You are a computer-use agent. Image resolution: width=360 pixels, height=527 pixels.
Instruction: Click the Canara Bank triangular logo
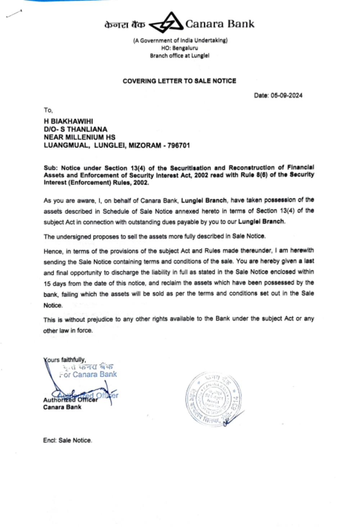pos(166,23)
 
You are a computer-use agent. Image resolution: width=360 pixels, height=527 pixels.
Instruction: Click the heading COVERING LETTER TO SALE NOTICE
pos(179,81)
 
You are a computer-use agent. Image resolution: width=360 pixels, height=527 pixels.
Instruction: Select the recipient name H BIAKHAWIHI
pos(68,121)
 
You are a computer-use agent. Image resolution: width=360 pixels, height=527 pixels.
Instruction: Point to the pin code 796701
pos(179,145)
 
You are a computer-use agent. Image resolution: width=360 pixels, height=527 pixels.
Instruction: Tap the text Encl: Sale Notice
pos(67,440)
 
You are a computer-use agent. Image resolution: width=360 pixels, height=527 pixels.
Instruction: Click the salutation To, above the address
pos(48,110)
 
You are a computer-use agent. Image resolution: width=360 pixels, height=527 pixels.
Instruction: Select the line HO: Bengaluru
pos(180,48)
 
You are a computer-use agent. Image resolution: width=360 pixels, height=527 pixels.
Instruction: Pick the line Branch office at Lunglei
pos(180,56)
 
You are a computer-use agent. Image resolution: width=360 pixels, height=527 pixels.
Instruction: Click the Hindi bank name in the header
pos(125,25)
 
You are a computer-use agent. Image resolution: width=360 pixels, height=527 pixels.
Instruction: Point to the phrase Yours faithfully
pos(65,360)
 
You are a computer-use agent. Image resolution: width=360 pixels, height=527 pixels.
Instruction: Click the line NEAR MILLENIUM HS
pos(80,137)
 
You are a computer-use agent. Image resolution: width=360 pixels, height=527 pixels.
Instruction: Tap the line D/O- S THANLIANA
pos(76,129)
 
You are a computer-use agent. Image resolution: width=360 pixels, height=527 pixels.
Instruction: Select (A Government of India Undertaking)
pos(180,40)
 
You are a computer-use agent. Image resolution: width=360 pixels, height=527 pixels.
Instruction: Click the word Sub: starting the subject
pos(50,168)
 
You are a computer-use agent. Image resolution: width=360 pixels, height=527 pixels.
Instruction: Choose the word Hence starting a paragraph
pos(52,251)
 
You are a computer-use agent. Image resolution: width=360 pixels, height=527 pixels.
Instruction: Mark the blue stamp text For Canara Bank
pos(88,374)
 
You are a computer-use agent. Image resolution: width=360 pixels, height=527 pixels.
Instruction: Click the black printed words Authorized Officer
pos(70,400)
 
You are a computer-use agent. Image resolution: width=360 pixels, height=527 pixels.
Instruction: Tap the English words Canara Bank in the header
pos(220,24)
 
